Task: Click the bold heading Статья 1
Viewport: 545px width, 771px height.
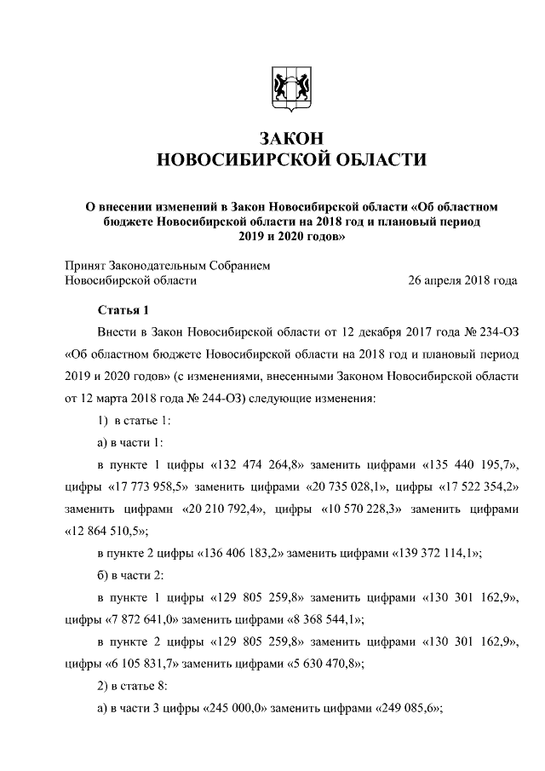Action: [123, 310]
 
